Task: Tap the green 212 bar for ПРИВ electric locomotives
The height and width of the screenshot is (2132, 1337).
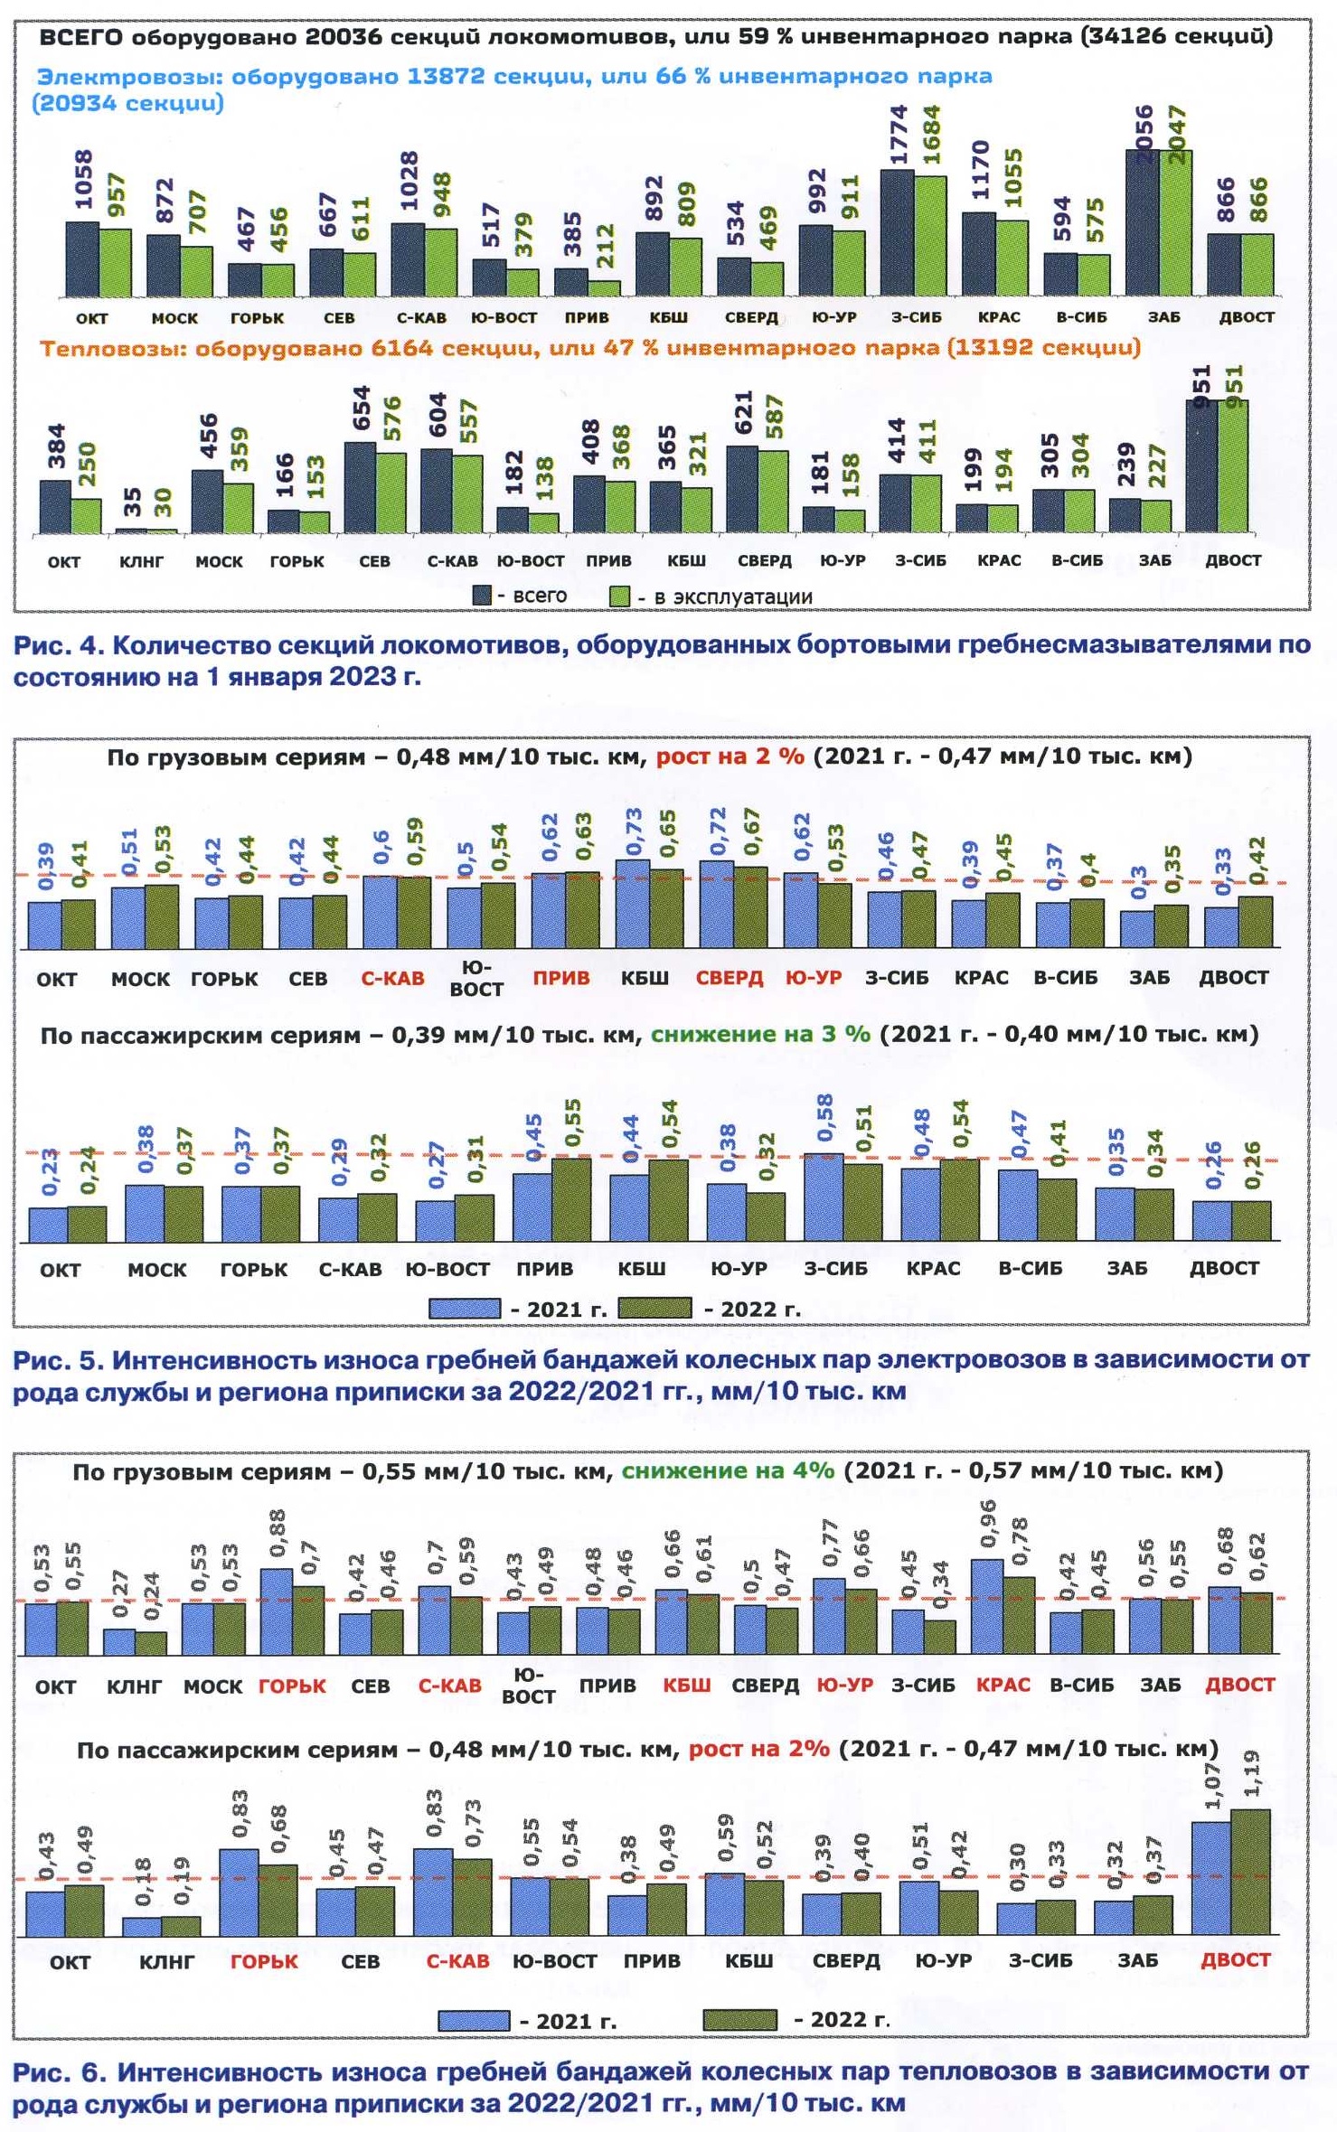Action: pyautogui.click(x=605, y=288)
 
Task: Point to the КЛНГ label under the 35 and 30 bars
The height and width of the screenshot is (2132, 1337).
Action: pyautogui.click(x=141, y=561)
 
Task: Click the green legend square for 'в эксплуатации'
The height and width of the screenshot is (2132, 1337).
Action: pyautogui.click(x=619, y=596)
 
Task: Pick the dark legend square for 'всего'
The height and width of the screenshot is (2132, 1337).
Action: pyautogui.click(x=482, y=596)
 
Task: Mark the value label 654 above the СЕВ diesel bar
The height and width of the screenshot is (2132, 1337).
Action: pyautogui.click(x=362, y=409)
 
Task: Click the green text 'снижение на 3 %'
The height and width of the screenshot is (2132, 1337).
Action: pyautogui.click(x=759, y=1034)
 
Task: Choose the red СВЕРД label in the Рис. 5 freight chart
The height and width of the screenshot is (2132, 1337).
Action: pyautogui.click(x=729, y=978)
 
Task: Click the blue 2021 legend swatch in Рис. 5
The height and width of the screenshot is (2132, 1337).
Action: pyautogui.click(x=465, y=1308)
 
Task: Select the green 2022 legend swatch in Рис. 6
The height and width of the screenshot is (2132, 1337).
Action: pyautogui.click(x=739, y=2019)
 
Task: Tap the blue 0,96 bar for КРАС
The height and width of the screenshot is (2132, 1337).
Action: pyautogui.click(x=986, y=1607)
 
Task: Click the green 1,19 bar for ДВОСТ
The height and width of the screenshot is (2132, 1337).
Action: pyautogui.click(x=1250, y=1872)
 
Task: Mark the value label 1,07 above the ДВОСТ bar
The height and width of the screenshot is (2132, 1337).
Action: pyautogui.click(x=1212, y=1787)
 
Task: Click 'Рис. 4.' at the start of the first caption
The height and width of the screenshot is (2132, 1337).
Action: pyautogui.click(x=58, y=645)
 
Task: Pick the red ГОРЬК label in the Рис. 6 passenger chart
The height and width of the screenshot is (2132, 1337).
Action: pyautogui.click(x=263, y=1960)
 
